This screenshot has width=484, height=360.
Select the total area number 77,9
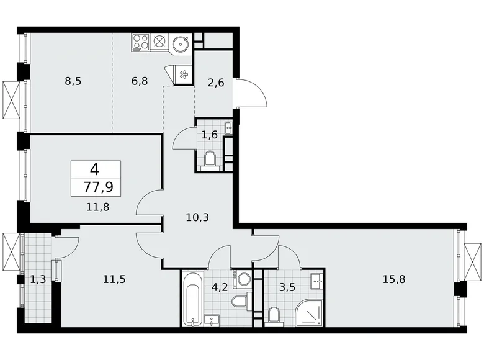click(96, 185)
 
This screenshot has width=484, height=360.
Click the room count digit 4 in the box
click(96, 169)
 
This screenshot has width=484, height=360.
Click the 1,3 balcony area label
click(37, 279)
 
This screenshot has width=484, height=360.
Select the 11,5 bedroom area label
click(114, 279)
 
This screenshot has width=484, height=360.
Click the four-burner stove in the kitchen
click(140, 43)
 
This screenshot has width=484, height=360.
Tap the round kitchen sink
click(182, 43)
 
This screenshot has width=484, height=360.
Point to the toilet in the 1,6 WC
click(209, 160)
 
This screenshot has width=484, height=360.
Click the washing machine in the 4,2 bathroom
click(242, 277)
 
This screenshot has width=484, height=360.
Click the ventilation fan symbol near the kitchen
click(182, 75)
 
